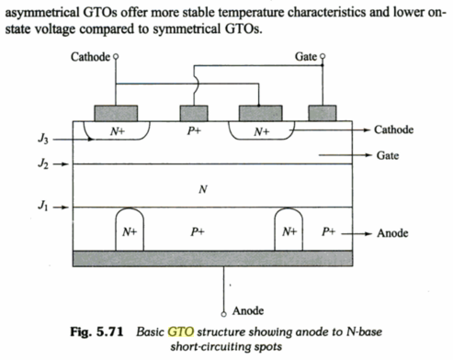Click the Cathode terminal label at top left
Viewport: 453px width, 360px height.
90,57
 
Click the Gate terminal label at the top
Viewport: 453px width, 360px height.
306,57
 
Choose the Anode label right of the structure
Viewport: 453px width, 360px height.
393,233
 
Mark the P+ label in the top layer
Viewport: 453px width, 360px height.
194,132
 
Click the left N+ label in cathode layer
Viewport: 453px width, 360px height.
119,132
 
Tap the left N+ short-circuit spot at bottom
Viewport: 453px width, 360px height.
129,233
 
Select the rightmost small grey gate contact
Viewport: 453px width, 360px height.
322,114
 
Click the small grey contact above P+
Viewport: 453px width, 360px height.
193,114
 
